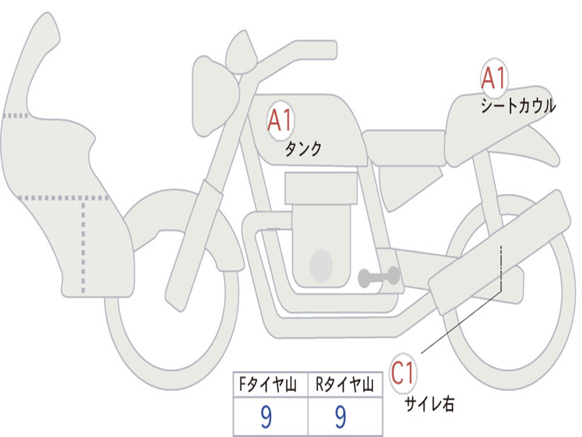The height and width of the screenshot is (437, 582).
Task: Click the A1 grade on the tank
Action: coord(280,121)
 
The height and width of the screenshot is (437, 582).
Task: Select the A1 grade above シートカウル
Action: coord(493,79)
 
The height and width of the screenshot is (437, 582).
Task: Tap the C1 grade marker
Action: coord(403,373)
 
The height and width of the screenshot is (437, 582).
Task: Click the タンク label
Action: coord(303,149)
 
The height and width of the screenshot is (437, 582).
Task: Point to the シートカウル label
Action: coord(518,106)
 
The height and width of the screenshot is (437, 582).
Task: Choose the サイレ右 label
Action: coord(429,404)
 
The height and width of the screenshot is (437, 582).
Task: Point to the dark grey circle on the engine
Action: coord(321,266)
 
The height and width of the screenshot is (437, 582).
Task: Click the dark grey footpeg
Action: coord(379,277)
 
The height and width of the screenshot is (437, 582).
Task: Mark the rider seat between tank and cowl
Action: coord(404,141)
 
